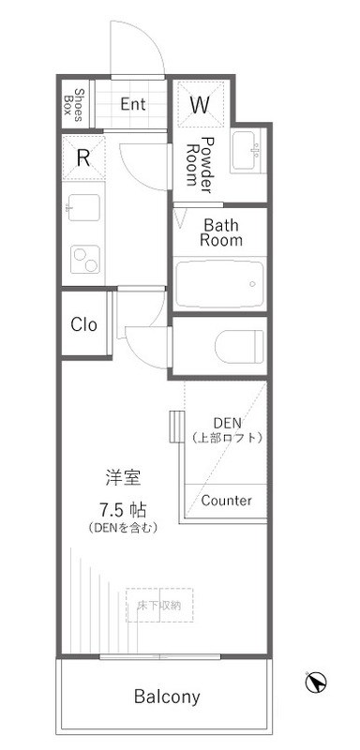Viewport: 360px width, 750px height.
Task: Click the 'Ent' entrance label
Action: [x=133, y=103]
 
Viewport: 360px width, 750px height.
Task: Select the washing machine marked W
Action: [x=200, y=105]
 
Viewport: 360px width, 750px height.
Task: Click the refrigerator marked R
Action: [x=82, y=157]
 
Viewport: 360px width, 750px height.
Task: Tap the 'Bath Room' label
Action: [x=223, y=232]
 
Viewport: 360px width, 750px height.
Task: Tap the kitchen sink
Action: [x=82, y=207]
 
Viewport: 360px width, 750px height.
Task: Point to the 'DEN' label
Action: [x=227, y=422]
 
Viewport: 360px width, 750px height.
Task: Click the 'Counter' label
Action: [x=226, y=501]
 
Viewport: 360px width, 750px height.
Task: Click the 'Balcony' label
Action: [x=166, y=697]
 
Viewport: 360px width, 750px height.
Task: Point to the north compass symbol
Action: [x=317, y=682]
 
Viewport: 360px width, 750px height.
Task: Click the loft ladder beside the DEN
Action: [x=175, y=427]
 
